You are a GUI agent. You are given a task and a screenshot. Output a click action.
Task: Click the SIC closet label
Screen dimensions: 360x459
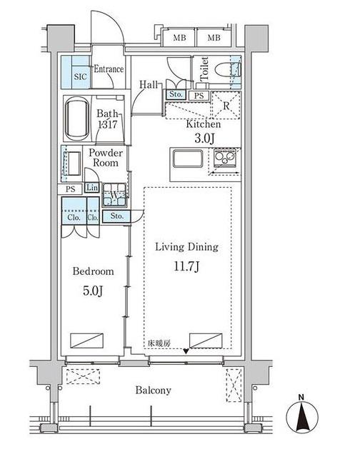pos(80,76)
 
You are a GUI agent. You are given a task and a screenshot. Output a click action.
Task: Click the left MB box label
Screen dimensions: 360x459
pos(179,38)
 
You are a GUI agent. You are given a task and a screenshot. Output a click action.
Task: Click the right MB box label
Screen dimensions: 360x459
pos(214,38)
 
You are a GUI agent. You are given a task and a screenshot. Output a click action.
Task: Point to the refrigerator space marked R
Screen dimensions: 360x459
pos(226,106)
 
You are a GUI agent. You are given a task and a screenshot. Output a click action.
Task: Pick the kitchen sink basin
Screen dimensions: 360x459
pos(188,158)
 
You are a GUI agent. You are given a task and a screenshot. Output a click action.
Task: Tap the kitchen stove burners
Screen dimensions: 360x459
pos(225,158)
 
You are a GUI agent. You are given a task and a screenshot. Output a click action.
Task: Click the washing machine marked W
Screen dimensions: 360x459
pos(114,195)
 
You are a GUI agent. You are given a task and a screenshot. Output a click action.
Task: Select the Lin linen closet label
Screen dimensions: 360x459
pos(92,187)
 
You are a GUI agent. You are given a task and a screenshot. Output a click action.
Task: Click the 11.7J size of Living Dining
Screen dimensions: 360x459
pos(186,267)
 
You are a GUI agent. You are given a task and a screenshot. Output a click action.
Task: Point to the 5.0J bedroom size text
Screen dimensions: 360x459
pos(93,291)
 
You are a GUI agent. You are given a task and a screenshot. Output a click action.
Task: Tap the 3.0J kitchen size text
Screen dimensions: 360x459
pos(204,138)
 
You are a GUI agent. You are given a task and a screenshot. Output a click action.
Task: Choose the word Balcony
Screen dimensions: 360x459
pos(153,390)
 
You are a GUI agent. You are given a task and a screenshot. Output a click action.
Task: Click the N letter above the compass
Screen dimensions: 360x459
pos(301,397)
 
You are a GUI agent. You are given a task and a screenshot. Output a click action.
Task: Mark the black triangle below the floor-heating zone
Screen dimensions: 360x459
pos(186,351)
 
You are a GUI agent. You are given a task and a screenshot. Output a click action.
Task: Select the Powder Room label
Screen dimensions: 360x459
pos(106,158)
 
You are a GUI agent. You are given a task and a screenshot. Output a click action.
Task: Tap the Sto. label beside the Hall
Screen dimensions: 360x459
pos(176,94)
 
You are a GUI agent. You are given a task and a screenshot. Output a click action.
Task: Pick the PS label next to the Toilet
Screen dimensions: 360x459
pos(199,96)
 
